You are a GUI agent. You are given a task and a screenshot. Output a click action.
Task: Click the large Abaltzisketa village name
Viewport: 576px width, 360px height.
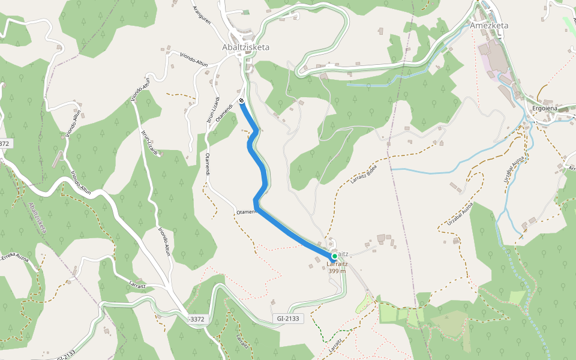point(245,47)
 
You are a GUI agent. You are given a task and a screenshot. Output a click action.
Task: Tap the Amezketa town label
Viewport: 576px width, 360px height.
point(489,25)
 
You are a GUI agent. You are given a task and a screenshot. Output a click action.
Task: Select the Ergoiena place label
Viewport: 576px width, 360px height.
point(545,109)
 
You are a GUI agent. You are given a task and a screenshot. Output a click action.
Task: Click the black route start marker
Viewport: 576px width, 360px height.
point(241,101)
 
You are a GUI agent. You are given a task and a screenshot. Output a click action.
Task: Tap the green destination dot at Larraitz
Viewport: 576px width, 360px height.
point(335,256)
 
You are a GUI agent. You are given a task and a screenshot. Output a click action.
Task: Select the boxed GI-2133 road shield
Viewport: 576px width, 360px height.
point(289,319)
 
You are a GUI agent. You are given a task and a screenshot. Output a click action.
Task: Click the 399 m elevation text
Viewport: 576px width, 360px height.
point(337,271)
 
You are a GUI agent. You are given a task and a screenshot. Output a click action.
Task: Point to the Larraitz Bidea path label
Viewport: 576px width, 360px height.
point(363,175)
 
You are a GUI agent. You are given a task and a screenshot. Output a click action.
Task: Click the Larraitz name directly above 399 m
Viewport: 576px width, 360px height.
point(337,263)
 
